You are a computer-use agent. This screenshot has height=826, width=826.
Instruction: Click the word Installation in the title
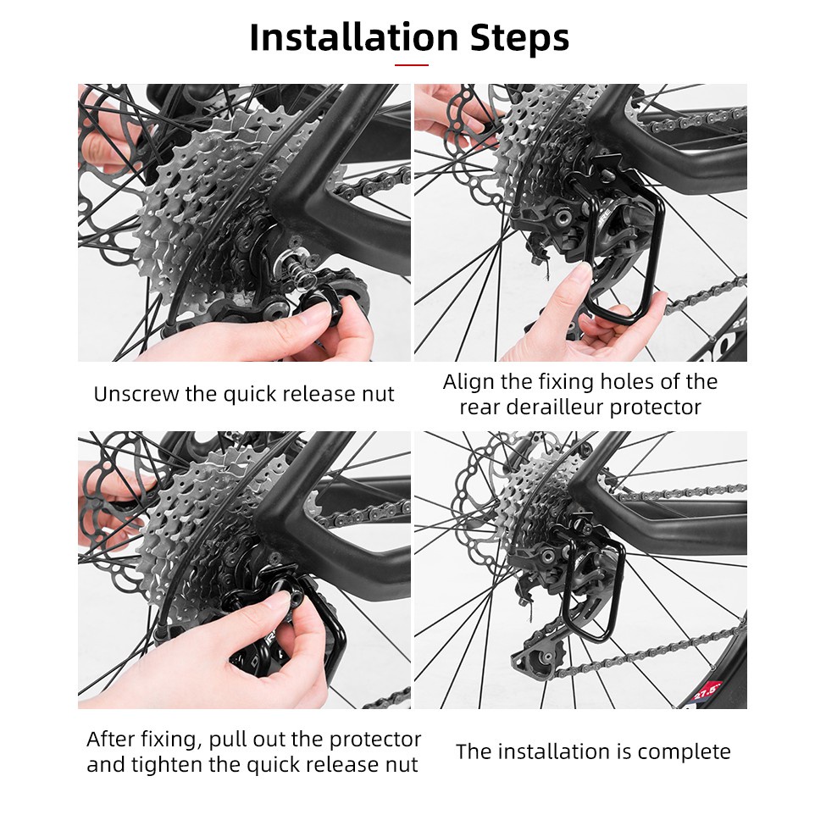tap(353, 38)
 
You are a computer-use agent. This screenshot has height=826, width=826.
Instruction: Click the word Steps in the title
tap(518, 38)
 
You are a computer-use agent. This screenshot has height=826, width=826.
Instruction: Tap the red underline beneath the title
tap(412, 65)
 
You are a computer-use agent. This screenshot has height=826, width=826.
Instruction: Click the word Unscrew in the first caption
tap(136, 394)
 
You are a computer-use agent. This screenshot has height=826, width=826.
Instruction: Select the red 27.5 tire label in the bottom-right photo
tap(707, 691)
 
